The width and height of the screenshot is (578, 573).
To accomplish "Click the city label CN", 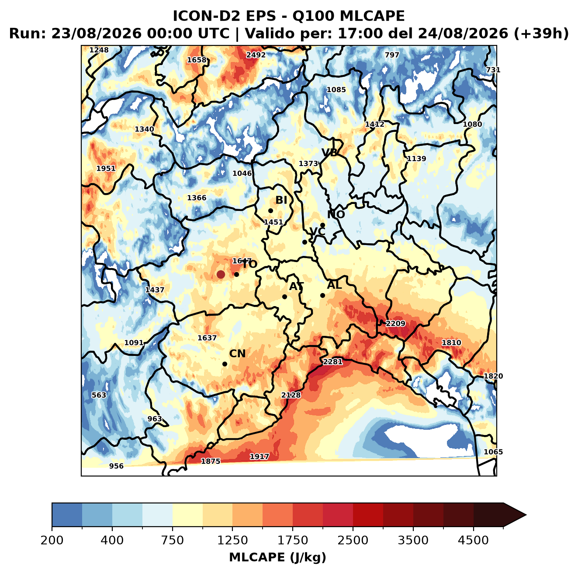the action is point(237,354).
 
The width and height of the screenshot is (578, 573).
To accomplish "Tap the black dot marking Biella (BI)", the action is point(270,211).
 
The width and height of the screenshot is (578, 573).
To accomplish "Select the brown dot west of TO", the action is point(221,274).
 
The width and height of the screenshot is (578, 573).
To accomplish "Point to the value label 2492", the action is point(256,55).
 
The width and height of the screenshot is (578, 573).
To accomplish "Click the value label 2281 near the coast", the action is point(332,362).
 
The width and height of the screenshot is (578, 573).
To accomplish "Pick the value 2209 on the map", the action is point(395,324).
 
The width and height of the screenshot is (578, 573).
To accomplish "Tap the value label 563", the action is point(99,395).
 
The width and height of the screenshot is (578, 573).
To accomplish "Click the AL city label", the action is point(334,285).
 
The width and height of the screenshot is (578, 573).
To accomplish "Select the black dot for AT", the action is point(284,297).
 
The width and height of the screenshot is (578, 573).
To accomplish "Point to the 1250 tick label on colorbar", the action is point(232,540).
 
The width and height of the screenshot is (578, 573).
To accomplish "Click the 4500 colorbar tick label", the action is point(473,540).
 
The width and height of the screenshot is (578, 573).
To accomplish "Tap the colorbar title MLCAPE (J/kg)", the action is point(277,557).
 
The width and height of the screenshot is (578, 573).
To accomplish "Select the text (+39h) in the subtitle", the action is point(541,34).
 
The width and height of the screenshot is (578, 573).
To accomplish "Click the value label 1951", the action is point(106,169).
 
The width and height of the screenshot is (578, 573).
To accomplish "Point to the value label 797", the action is point(392,55).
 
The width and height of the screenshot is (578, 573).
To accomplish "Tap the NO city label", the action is point(336,214).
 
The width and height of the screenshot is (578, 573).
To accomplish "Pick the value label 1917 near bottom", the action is point(260,457).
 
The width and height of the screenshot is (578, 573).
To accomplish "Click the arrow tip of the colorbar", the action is point(526,515).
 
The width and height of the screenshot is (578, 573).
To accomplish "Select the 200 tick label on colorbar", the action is point(52,540).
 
